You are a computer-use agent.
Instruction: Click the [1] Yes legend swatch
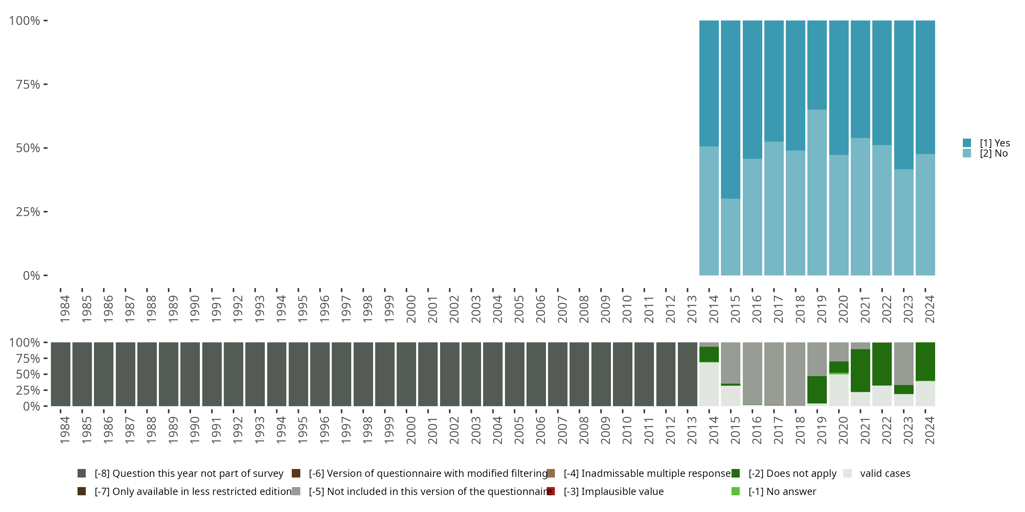click(x=967, y=143)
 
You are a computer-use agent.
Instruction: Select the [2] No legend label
click(x=994, y=154)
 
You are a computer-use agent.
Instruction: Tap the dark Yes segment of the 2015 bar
click(x=730, y=109)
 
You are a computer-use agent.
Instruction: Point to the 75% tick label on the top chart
click(x=28, y=84)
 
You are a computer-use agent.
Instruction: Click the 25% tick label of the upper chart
click(x=28, y=212)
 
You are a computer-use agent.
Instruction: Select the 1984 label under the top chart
click(x=65, y=309)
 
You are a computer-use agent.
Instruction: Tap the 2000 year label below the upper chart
click(x=411, y=309)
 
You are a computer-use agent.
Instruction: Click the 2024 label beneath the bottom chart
click(x=929, y=430)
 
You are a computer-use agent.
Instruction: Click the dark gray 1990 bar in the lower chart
click(x=190, y=374)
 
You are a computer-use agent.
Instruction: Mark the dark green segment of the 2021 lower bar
click(x=860, y=370)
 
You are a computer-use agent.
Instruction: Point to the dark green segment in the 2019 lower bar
click(x=817, y=389)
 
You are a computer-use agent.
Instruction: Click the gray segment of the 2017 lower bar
click(x=774, y=374)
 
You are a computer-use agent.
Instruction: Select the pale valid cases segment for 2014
click(x=709, y=384)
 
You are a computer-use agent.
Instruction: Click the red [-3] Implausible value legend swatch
click(x=551, y=491)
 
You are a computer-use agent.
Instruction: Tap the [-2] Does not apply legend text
click(x=792, y=473)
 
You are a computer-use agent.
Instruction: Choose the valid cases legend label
click(x=885, y=473)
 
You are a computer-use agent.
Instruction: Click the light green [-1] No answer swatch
click(x=735, y=491)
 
